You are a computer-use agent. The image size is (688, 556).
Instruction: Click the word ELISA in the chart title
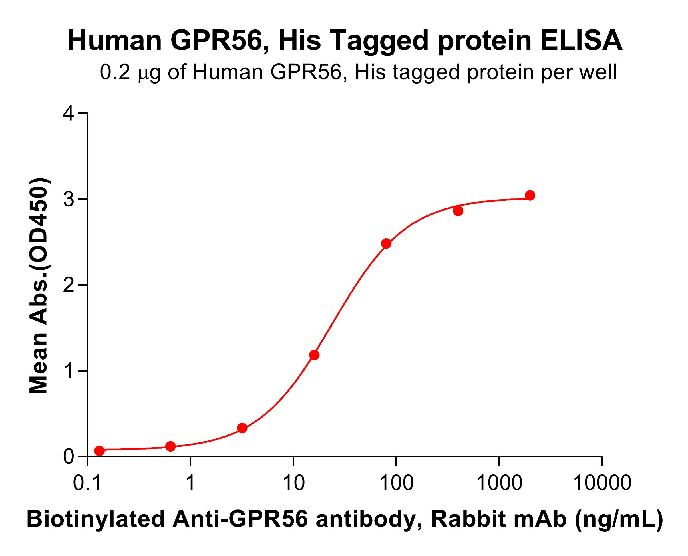tap(581, 41)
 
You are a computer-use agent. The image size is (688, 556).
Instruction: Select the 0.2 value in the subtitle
tap(115, 73)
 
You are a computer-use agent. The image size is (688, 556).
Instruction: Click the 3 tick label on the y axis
tap(69, 199)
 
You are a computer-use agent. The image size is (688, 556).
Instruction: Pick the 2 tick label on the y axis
tap(69, 285)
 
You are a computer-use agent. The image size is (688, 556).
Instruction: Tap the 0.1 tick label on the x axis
tap(88, 483)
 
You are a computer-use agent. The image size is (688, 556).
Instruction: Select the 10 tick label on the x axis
tap(293, 483)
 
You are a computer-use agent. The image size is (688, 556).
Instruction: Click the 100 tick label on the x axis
tap(396, 483)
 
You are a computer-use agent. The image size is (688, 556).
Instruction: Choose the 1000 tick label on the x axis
tap(499, 483)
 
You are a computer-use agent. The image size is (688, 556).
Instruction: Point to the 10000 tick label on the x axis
tap(602, 483)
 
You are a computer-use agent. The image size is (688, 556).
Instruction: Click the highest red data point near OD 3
tap(530, 195)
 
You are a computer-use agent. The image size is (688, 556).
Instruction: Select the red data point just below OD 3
tap(458, 211)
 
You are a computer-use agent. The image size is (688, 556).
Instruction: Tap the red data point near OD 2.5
tap(386, 243)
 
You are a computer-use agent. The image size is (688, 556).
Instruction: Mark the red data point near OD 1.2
tap(314, 355)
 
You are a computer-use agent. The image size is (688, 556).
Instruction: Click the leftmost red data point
tap(99, 451)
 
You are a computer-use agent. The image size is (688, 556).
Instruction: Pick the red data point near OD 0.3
tap(242, 428)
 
